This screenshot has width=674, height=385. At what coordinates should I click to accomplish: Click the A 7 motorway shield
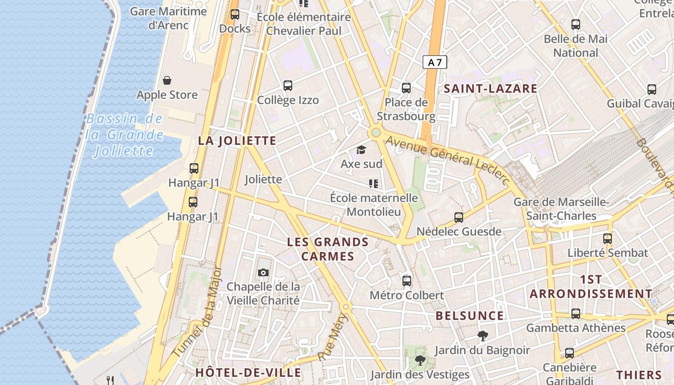pyautogui.click(x=435, y=62)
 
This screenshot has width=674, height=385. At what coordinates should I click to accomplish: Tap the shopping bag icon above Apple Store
pyautogui.click(x=167, y=80)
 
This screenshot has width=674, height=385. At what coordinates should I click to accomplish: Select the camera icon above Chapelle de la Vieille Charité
pyautogui.click(x=263, y=272)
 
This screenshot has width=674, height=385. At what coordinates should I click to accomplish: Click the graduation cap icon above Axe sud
pyautogui.click(x=361, y=150)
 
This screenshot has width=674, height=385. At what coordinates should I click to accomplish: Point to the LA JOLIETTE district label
pyautogui.click(x=237, y=141)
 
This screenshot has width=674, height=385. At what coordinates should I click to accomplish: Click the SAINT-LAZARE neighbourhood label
pyautogui.click(x=490, y=89)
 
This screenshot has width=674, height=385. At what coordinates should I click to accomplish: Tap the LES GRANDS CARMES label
pyautogui.click(x=328, y=249)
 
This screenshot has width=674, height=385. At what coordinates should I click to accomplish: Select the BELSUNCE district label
pyautogui.click(x=469, y=316)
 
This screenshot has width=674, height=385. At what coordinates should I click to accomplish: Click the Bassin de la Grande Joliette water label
pyautogui.click(x=125, y=135)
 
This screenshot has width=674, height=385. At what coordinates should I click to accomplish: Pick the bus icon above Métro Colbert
pyautogui.click(x=407, y=281)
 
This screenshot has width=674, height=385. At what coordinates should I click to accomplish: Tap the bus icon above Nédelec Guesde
pyautogui.click(x=459, y=217)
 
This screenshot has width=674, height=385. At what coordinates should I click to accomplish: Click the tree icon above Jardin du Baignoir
pyautogui.click(x=482, y=335)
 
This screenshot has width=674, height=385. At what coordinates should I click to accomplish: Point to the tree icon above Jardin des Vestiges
pyautogui.click(x=420, y=360)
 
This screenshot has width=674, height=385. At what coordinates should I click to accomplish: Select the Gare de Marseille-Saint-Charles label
pyautogui.click(x=561, y=209)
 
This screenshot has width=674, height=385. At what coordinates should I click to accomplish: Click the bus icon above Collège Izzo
pyautogui.click(x=288, y=86)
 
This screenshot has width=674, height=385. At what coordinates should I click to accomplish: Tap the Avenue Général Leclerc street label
pyautogui.click(x=448, y=159)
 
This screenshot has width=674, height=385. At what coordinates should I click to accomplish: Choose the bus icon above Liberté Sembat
pyautogui.click(x=608, y=238)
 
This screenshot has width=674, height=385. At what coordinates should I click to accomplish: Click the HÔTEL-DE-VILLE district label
pyautogui.click(x=248, y=372)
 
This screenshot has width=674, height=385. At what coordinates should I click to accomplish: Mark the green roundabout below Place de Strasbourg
pyautogui.click(x=376, y=132)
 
